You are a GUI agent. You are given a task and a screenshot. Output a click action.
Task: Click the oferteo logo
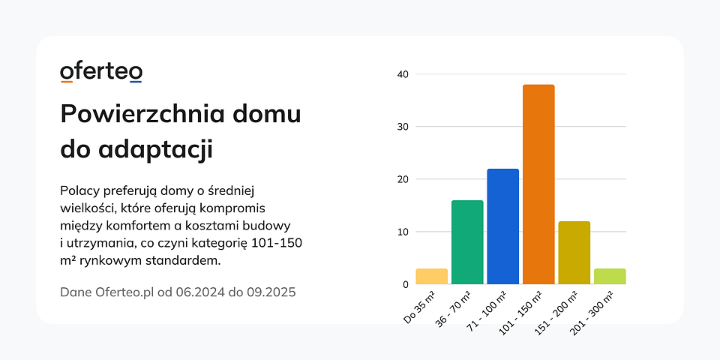coord(101,72)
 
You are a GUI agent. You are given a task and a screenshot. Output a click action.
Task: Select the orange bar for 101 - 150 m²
coord(538,184)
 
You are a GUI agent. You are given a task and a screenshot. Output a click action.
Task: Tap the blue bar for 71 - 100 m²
coord(502,226)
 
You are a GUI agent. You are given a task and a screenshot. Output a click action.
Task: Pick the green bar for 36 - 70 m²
coord(467,242)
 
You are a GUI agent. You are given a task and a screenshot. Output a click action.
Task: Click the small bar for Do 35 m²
coord(431,276)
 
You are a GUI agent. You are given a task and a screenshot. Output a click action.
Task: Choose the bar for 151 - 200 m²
coord(574,253)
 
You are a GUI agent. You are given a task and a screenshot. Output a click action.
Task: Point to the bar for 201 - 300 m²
coord(610,276)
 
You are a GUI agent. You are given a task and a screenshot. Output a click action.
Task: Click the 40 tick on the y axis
coord(403,74)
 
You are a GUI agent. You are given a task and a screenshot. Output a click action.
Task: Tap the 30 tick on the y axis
coord(403,127)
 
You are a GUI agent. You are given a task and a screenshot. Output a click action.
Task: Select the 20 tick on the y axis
coord(403,179)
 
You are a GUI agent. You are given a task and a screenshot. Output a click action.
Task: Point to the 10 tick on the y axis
coord(403,232)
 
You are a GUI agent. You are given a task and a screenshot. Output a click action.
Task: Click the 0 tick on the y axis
coord(406,284)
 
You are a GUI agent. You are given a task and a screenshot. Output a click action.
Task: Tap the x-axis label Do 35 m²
coord(419,306)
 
